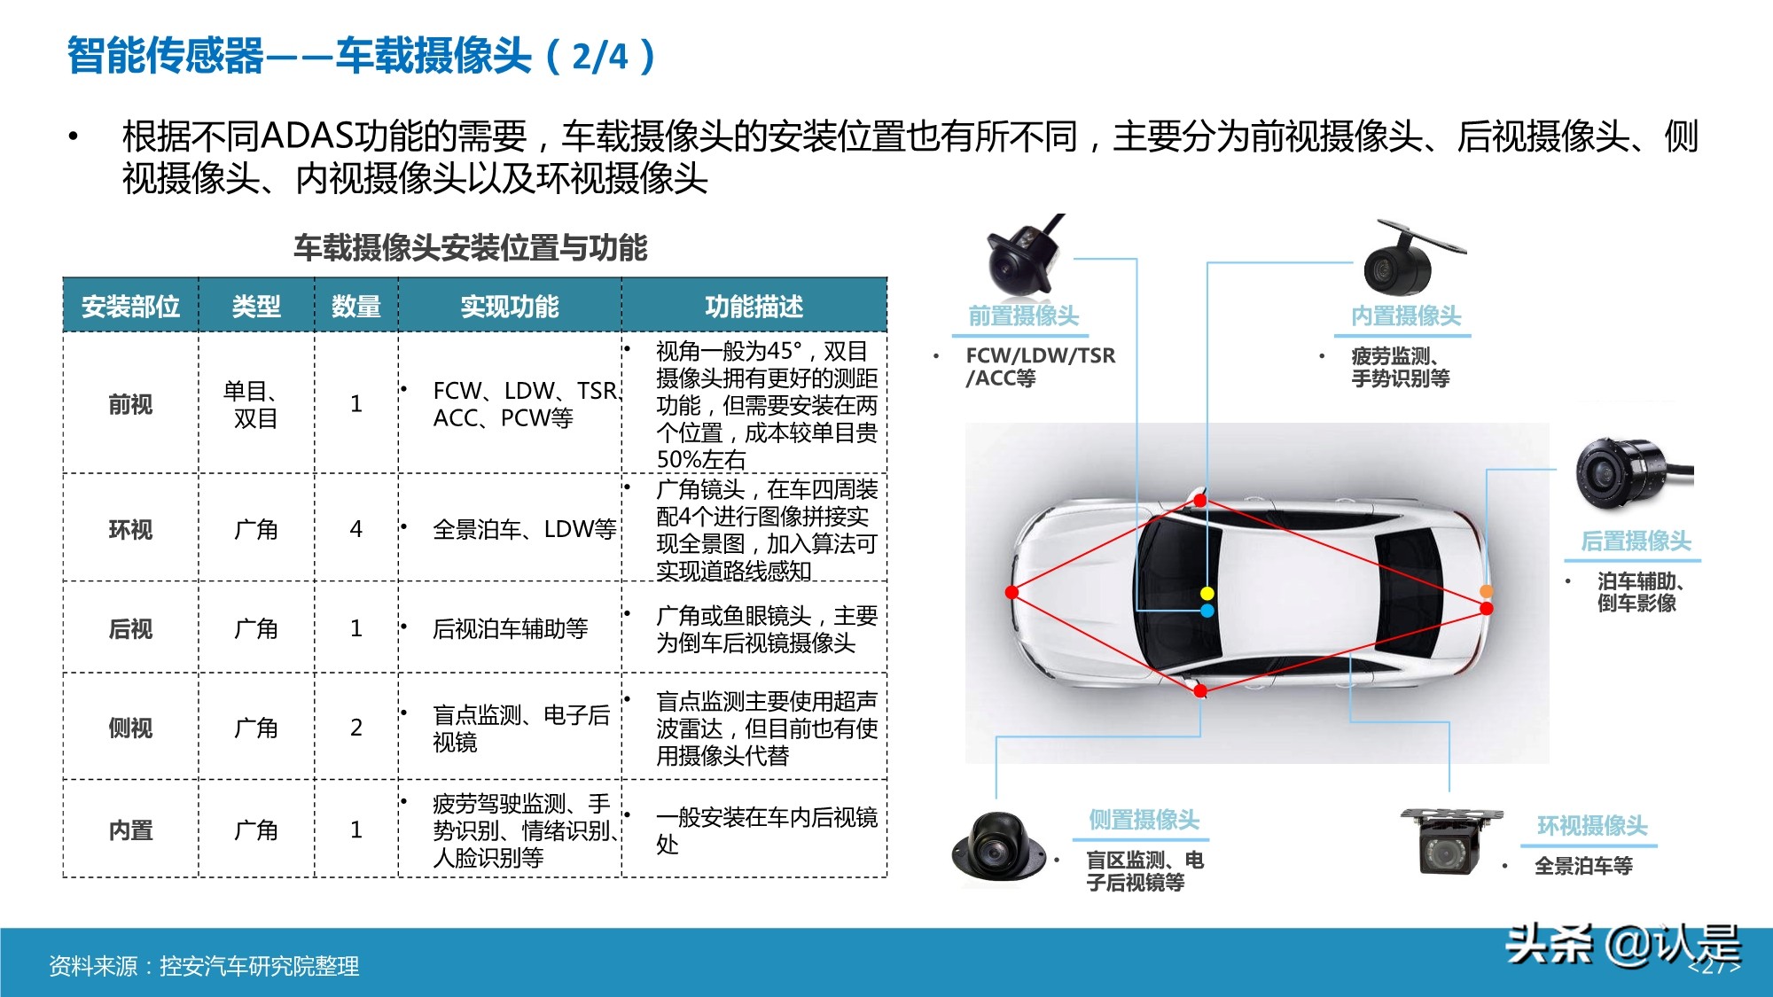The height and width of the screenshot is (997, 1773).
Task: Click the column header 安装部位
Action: [130, 307]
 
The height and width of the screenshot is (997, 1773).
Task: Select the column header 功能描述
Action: [754, 307]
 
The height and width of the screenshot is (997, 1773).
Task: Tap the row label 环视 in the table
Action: [130, 529]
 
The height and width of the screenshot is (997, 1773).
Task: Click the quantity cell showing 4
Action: [355, 529]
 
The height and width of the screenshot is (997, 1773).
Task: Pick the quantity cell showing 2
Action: [355, 728]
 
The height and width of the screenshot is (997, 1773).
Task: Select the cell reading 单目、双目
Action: [255, 404]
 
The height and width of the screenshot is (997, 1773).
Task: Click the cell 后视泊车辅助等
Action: [510, 628]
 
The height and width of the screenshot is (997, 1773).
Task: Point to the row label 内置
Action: [130, 830]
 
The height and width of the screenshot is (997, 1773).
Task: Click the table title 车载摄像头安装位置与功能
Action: [470, 247]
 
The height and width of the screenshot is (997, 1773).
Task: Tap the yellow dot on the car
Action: [1207, 593]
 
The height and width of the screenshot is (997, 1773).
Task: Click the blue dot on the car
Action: [1207, 611]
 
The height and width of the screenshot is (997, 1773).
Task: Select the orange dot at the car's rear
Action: [1487, 591]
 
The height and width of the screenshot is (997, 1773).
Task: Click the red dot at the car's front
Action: [1011, 592]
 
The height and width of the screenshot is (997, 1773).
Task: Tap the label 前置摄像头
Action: [1023, 315]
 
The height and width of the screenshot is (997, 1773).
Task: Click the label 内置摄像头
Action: [1406, 315]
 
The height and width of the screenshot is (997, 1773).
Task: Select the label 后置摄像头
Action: [1636, 541]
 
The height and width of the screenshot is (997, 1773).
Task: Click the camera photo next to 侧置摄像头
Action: [997, 848]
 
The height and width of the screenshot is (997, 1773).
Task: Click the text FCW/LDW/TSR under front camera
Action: [1040, 355]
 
